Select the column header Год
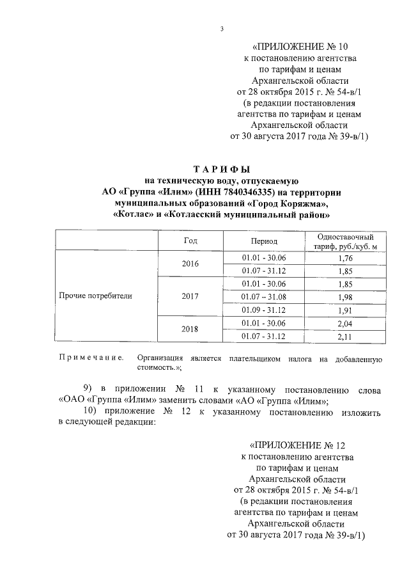(x=190, y=241)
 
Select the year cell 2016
(x=190, y=264)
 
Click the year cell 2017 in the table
(x=190, y=297)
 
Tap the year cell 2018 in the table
(x=190, y=329)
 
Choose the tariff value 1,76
(x=345, y=258)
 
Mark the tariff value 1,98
(x=345, y=297)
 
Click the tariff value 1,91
(x=345, y=310)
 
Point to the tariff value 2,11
(x=345, y=337)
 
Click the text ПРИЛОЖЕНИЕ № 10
(x=301, y=47)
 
